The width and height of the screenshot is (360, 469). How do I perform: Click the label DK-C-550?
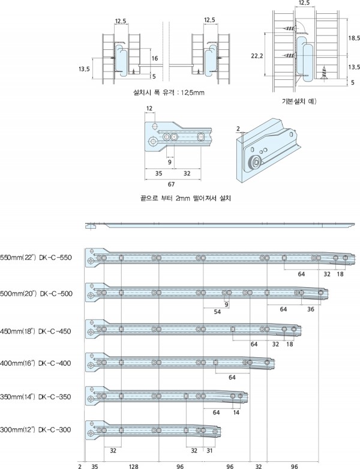(36, 258)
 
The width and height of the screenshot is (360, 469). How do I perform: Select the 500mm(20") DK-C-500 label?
(36, 294)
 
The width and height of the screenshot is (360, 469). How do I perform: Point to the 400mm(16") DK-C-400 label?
(36, 364)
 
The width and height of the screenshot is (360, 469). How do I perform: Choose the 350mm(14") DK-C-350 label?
(36, 397)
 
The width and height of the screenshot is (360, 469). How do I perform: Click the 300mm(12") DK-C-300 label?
(36, 430)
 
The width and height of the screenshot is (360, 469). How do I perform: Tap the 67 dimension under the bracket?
(171, 184)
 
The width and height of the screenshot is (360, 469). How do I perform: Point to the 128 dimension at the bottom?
(133, 465)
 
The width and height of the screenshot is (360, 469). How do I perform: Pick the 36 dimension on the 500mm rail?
(311, 309)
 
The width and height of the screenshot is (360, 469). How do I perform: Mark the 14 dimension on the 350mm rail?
(236, 413)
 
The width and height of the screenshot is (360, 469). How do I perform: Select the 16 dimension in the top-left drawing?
(155, 59)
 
